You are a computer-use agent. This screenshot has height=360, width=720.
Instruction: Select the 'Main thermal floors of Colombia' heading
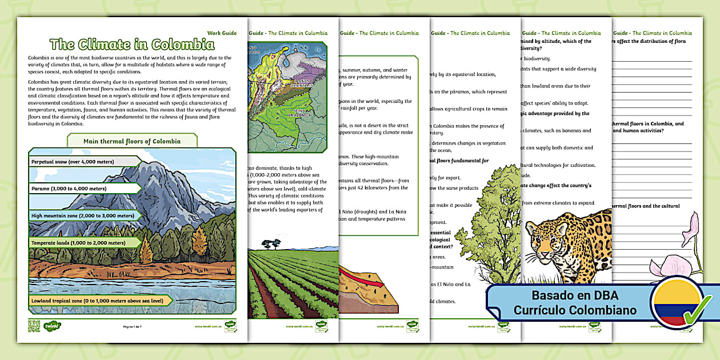tap(132, 141)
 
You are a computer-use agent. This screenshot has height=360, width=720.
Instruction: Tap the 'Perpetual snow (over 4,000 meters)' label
tap(73, 162)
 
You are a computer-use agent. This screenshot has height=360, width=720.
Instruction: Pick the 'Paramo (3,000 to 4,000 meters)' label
tap(69, 188)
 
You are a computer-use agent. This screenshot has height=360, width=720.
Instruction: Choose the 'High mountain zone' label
tap(83, 215)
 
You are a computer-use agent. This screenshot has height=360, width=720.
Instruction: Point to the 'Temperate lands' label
tap(78, 242)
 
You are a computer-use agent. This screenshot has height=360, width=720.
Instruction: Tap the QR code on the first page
tap(34, 327)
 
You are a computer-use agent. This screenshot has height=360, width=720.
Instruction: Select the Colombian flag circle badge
tap(678, 303)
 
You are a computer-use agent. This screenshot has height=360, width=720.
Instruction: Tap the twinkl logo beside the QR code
tap(53, 326)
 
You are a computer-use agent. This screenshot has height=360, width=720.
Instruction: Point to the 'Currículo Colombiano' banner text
tap(575, 311)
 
